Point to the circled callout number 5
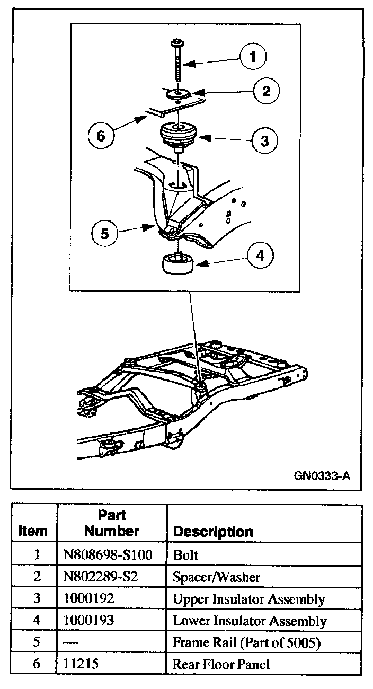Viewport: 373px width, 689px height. pos(104,233)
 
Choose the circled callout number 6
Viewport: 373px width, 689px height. pos(101,136)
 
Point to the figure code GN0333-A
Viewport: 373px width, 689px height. pos(322,475)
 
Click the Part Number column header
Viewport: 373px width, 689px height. pos(112,523)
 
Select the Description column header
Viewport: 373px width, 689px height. pos(213,531)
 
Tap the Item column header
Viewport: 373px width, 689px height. pos(33,531)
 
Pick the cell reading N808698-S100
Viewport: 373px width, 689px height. pos(108,555)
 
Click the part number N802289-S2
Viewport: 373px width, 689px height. pos(101,577)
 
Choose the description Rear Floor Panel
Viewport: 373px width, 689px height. pos(221,664)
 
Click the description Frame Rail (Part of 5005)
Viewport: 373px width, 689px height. pos(247,642)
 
